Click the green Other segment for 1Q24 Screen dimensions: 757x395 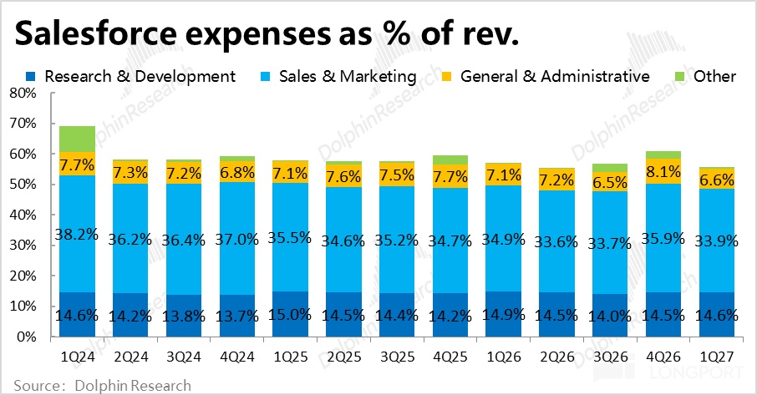77,139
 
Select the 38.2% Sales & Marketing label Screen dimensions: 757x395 77,235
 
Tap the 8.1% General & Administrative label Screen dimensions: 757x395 663,172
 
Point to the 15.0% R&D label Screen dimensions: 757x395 290,315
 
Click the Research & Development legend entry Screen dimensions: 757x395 130,76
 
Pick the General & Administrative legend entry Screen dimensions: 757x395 546,76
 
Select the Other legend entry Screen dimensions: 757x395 705,76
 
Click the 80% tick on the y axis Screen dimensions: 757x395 23,93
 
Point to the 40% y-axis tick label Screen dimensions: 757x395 23,215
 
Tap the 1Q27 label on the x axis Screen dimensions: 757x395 716,357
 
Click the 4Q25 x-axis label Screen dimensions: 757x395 450,357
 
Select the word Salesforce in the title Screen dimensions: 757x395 97,33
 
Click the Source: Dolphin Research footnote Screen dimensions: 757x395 102,386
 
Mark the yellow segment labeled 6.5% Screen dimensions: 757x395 610,182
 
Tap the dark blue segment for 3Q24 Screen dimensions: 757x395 184,316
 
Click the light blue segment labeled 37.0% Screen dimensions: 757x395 237,238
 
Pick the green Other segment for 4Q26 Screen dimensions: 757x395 663,154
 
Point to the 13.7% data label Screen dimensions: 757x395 237,317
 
